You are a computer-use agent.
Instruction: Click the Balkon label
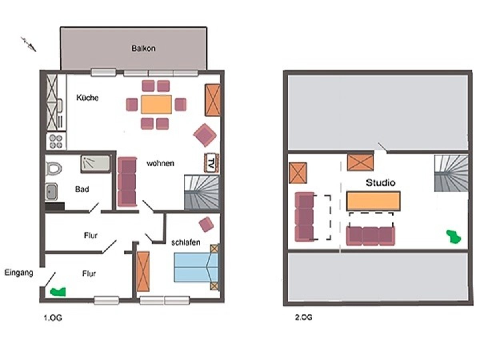point(144,48)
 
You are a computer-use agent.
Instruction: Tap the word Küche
point(88,98)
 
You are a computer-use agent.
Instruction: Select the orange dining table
point(156,104)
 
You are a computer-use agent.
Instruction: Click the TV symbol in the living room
point(212,163)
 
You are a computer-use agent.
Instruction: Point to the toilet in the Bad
point(54,168)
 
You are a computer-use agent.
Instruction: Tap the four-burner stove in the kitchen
point(56,142)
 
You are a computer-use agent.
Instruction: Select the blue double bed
point(196,267)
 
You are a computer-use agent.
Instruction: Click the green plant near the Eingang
point(58,292)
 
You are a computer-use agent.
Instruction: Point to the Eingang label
point(19,273)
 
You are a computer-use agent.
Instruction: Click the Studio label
point(380,182)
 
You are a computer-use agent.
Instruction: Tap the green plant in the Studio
point(454,236)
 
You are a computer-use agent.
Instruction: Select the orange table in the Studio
point(373,201)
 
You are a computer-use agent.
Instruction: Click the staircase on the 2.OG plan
point(451,173)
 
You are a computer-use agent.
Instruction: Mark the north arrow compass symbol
point(29,44)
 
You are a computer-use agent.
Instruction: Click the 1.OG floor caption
point(53,318)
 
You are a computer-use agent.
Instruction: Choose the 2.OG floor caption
point(304,317)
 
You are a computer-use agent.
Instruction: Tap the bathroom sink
point(51,192)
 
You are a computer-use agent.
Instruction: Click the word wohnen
point(160,163)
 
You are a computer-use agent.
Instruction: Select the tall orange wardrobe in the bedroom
point(143,272)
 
